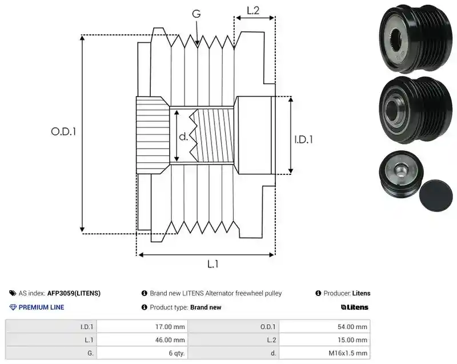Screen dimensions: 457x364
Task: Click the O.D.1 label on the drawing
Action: click(63, 132)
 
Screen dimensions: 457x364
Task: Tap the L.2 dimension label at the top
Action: click(253, 10)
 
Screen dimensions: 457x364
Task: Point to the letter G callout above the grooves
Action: click(197, 14)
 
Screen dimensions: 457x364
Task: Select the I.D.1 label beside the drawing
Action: click(303, 139)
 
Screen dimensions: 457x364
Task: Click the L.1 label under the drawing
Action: click(213, 264)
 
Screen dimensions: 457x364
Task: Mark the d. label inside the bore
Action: click(183, 137)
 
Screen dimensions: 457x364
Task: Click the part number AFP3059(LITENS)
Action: click(74, 293)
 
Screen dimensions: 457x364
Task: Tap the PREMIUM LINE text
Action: click(41, 307)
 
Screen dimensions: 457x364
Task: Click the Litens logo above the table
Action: click(355, 307)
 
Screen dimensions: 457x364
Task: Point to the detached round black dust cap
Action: click(436, 195)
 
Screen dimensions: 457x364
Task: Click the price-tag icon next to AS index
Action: click(13, 293)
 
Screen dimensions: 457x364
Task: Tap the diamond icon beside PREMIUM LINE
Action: click(13, 307)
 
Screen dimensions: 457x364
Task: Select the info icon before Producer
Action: click(318, 293)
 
